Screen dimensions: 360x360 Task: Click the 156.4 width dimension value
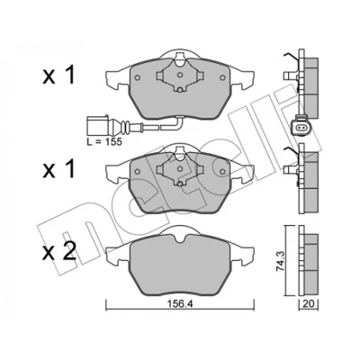click(x=180, y=304)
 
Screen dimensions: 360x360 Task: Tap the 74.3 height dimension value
click(x=280, y=261)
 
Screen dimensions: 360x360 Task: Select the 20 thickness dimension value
click(x=309, y=304)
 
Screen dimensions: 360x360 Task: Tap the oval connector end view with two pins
click(x=300, y=129)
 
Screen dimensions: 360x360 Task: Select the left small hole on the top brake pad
click(x=138, y=77)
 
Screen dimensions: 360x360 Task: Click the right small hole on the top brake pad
click(x=222, y=77)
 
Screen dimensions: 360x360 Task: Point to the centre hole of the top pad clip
click(x=179, y=75)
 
